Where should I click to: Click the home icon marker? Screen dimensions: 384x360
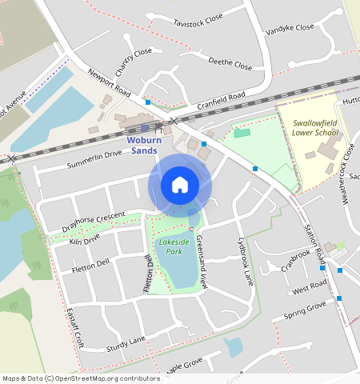pos(180,185)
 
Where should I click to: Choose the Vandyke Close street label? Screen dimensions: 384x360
pos(290,28)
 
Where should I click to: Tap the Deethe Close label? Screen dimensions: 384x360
pos(230,62)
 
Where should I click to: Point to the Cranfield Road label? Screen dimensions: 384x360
pos(220,99)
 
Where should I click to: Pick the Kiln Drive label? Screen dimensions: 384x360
pos(85,238)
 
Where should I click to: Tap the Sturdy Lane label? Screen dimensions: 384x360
pos(126,343)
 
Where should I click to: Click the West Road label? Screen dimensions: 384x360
pos(310,286)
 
